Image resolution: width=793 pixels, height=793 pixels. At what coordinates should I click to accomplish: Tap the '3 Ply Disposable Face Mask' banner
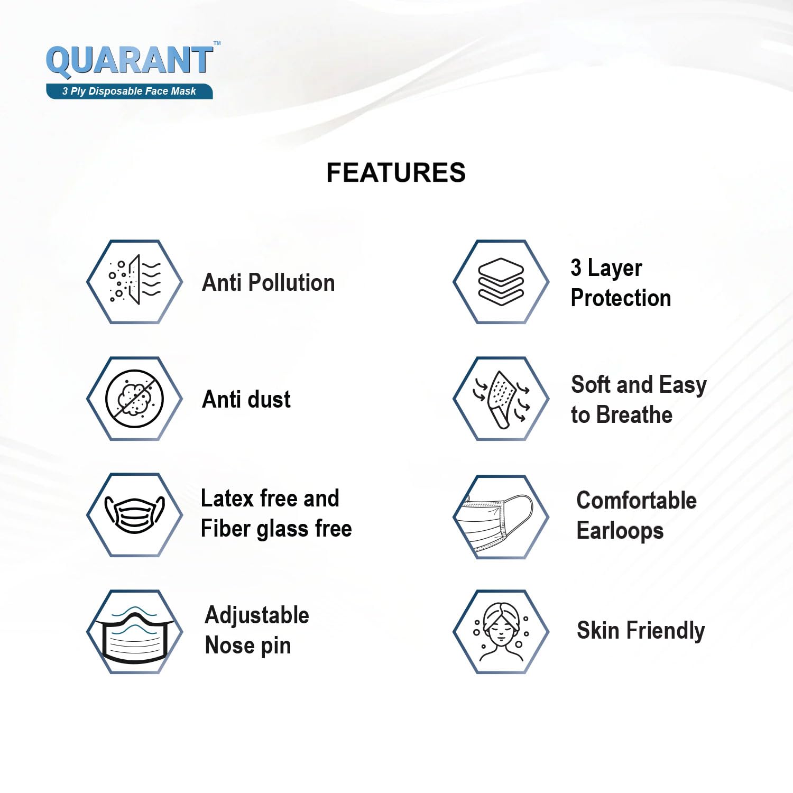tap(130, 91)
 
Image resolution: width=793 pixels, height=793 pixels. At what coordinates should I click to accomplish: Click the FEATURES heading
tap(396, 173)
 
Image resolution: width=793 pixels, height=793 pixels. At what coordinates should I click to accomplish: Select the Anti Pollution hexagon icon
tap(135, 282)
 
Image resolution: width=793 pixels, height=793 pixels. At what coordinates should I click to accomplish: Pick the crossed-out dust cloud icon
tap(134, 399)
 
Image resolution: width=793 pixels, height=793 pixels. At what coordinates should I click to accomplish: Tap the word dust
tap(269, 399)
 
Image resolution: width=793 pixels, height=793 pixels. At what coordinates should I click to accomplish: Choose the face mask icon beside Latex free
tap(135, 514)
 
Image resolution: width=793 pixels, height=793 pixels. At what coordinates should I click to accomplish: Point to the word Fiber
tap(226, 529)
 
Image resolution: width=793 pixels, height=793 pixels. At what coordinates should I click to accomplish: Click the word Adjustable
tap(257, 615)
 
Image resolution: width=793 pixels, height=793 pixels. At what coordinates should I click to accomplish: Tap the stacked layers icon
tap(501, 282)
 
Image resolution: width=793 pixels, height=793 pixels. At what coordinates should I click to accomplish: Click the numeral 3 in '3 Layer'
tap(576, 268)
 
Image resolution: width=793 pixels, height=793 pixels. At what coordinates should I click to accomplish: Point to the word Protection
tap(621, 298)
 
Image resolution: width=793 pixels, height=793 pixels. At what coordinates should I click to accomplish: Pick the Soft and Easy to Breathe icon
tap(501, 399)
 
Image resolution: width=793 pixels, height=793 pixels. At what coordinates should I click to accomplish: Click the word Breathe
tap(634, 415)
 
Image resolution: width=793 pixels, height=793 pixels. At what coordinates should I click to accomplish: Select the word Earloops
tap(620, 531)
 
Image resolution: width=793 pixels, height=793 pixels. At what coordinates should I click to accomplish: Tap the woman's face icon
tap(501, 632)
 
